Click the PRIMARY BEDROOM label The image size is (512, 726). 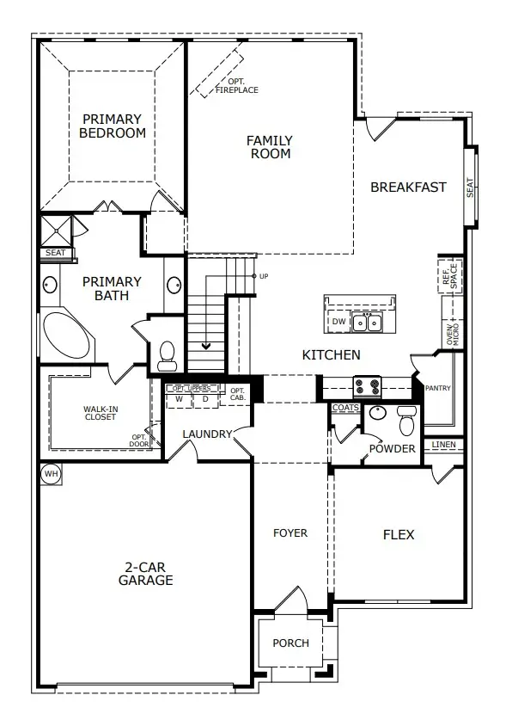click(x=113, y=126)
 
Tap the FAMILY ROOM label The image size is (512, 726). click(x=270, y=147)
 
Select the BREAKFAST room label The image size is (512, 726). click(x=408, y=187)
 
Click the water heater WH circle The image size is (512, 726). click(x=51, y=473)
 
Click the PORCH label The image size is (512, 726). click(x=290, y=643)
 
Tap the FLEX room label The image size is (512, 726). click(x=398, y=535)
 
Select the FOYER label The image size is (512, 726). click(x=290, y=533)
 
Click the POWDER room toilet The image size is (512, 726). click(x=407, y=422)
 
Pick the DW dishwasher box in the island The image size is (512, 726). click(x=338, y=323)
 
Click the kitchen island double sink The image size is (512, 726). click(x=368, y=323)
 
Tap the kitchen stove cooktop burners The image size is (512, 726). click(x=368, y=385)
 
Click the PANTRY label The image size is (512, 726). click(x=438, y=389)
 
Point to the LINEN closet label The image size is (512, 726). click(x=444, y=445)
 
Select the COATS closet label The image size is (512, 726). click(x=345, y=408)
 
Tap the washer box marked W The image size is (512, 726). click(x=179, y=399)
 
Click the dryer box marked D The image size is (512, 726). click(x=205, y=399)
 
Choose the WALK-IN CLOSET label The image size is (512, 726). click(x=101, y=415)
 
